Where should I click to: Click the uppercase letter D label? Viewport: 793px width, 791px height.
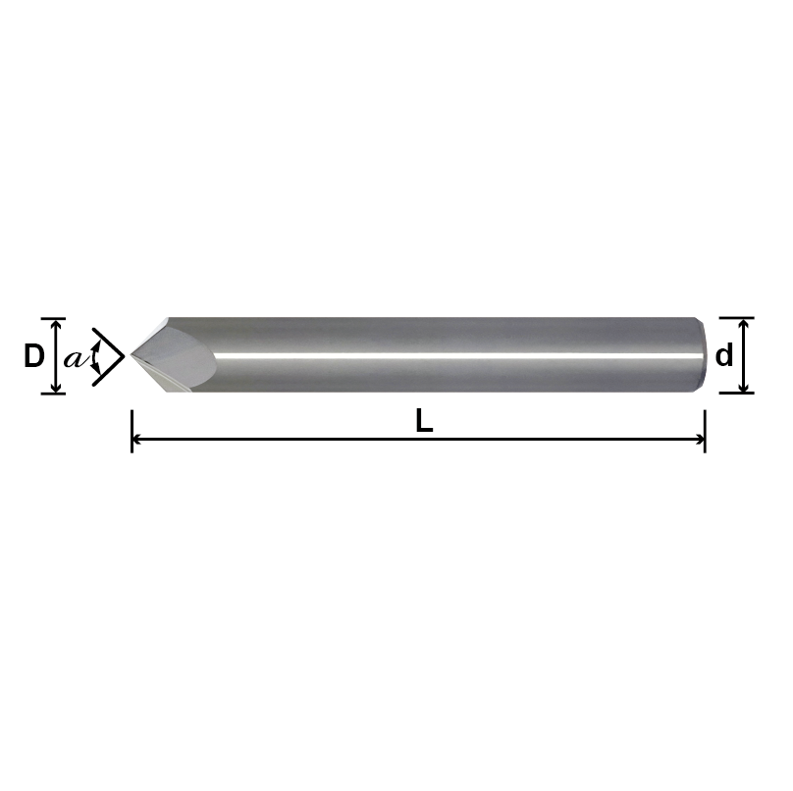(33, 356)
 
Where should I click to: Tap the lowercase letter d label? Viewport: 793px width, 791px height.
(724, 355)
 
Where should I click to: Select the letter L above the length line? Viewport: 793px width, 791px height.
(424, 421)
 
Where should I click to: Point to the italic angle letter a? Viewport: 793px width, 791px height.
(73, 359)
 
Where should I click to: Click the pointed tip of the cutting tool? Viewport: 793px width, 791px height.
(132, 356)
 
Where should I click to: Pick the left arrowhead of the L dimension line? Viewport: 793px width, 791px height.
(137, 440)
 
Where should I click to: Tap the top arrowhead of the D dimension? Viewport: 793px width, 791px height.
(56, 324)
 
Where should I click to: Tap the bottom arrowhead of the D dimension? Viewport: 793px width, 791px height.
(56, 389)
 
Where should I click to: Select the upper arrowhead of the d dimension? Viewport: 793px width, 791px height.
(745, 324)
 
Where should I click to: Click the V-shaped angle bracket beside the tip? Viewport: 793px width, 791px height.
(110, 356)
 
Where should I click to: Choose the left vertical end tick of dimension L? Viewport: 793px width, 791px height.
(132, 433)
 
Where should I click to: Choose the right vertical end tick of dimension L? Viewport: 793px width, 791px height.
(705, 433)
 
